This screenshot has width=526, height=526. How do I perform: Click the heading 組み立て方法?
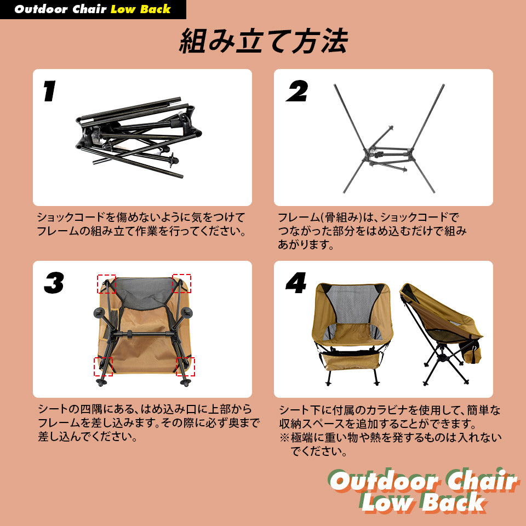point(264,41)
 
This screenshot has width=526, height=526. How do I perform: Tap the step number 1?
point(50,92)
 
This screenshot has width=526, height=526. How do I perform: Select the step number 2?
point(297,91)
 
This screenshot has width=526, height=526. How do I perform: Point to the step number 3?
point(54,283)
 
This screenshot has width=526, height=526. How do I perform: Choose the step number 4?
point(296,283)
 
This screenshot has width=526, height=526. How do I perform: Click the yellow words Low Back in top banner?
point(141,9)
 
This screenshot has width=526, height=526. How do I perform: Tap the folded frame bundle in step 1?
point(139,137)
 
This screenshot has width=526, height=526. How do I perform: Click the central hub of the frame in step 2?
point(389,155)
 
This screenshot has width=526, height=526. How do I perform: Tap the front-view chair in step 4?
point(352,334)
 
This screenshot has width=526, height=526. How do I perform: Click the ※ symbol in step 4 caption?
point(284,437)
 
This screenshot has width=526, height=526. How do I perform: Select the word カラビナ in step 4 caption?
point(387,410)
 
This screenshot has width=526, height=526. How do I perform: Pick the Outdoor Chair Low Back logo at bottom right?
point(424,490)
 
